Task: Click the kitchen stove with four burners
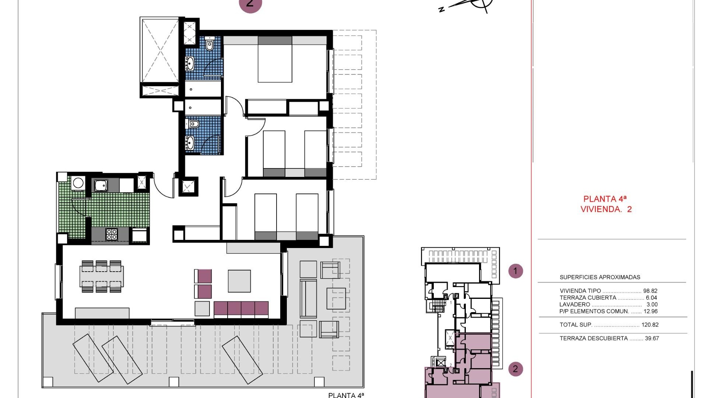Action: pos(112,234)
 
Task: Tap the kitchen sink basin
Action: pos(101,185)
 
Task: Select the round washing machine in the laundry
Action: pos(78,183)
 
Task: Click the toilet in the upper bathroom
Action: pos(210,45)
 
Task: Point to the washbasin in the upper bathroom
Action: pos(190,63)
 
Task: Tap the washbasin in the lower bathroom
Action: pos(190,142)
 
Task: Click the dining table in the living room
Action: pos(102,276)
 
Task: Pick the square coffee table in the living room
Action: pos(239,281)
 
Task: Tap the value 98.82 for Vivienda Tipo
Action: pos(650,291)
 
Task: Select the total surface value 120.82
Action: pos(650,325)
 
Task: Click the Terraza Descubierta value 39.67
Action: pos(652,338)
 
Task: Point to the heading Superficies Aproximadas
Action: pos(600,277)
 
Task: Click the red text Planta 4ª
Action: pos(605,199)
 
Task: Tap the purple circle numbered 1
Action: pos(516,271)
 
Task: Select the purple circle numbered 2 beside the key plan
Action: pos(516,369)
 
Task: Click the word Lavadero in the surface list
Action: pos(574,304)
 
